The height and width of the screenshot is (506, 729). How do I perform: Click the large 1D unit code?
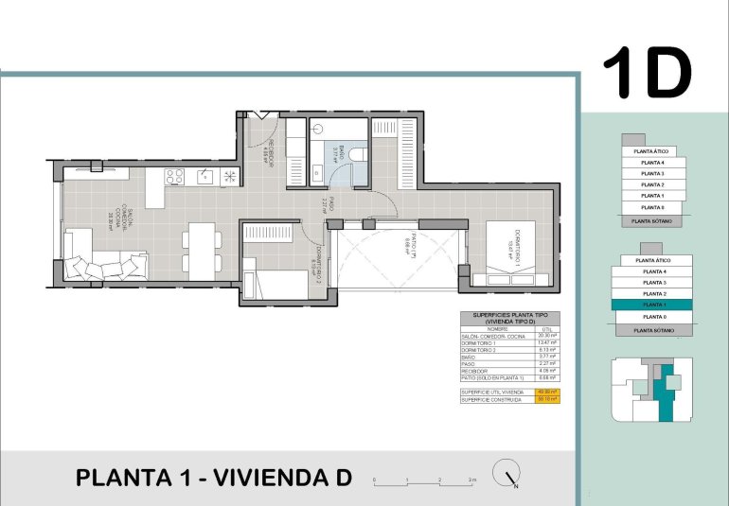648,74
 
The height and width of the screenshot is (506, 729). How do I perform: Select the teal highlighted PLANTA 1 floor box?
651,305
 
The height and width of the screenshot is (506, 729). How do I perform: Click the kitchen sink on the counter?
205,176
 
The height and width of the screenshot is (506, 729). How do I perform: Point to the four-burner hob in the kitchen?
174,176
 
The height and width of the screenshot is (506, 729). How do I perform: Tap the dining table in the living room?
202,250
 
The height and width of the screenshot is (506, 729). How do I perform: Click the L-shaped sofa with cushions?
104,265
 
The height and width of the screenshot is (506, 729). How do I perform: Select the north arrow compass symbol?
508,476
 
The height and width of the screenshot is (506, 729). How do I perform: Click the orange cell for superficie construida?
547,398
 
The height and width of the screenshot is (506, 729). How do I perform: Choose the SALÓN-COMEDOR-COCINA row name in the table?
493,335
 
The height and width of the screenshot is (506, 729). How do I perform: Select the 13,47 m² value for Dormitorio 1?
546,342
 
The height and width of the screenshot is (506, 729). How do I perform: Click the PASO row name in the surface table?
470,364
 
